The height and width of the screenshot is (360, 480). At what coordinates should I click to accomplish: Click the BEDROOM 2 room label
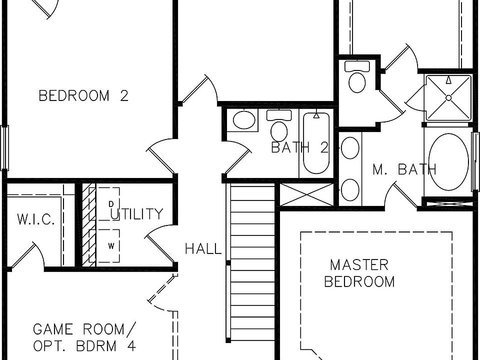[83, 95]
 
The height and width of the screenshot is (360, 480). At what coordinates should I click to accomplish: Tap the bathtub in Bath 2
[316, 144]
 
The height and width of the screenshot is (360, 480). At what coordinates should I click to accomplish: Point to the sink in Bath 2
[243, 120]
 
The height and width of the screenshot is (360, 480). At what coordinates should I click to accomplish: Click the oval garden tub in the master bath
[448, 161]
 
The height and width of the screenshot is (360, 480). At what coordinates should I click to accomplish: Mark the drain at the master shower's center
[448, 97]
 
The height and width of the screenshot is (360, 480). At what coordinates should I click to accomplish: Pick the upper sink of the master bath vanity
[350, 148]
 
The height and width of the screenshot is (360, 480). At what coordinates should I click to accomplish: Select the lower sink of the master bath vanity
[350, 189]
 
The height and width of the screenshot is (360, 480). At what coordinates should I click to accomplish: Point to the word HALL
[203, 248]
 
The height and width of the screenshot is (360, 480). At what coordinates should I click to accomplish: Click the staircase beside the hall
[252, 260]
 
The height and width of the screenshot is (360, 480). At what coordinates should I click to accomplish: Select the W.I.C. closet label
[36, 220]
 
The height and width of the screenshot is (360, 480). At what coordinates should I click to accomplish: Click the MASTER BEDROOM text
[359, 273]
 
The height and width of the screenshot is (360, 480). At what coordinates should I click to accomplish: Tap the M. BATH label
[404, 169]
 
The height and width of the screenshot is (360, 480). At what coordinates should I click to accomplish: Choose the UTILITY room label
[136, 214]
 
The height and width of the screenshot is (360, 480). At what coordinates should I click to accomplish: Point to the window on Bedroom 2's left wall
[4, 148]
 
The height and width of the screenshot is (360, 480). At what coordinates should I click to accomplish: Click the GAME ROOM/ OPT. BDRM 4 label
[84, 337]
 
